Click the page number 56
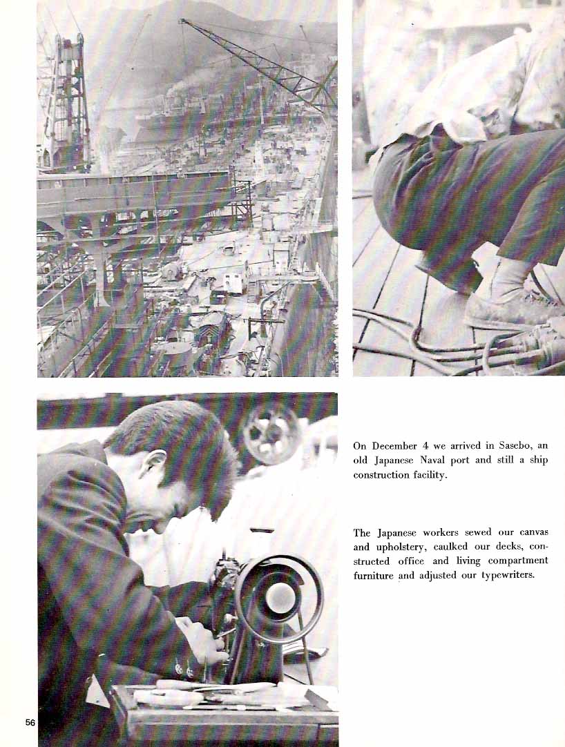click(30, 722)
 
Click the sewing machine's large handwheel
click(280, 599)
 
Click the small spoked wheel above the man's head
click(271, 434)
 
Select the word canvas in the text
click(534, 532)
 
